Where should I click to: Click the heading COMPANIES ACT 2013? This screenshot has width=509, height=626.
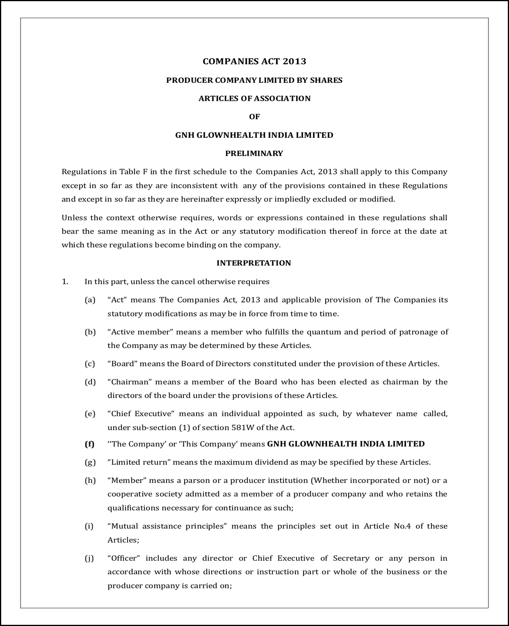(254, 61)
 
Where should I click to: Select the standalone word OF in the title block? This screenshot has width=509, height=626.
(254, 116)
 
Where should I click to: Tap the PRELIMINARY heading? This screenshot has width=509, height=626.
(254, 153)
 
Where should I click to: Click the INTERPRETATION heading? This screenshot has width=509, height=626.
(254, 263)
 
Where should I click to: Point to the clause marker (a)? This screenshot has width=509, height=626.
(90, 300)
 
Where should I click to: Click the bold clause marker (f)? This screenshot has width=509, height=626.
(90, 444)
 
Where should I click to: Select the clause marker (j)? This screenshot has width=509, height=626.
(90, 558)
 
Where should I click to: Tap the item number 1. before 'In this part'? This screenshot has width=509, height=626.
(65, 281)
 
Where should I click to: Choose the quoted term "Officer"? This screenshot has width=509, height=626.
(124, 558)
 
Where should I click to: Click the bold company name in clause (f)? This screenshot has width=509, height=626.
(346, 444)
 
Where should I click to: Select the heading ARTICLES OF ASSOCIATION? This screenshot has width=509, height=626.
(254, 98)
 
